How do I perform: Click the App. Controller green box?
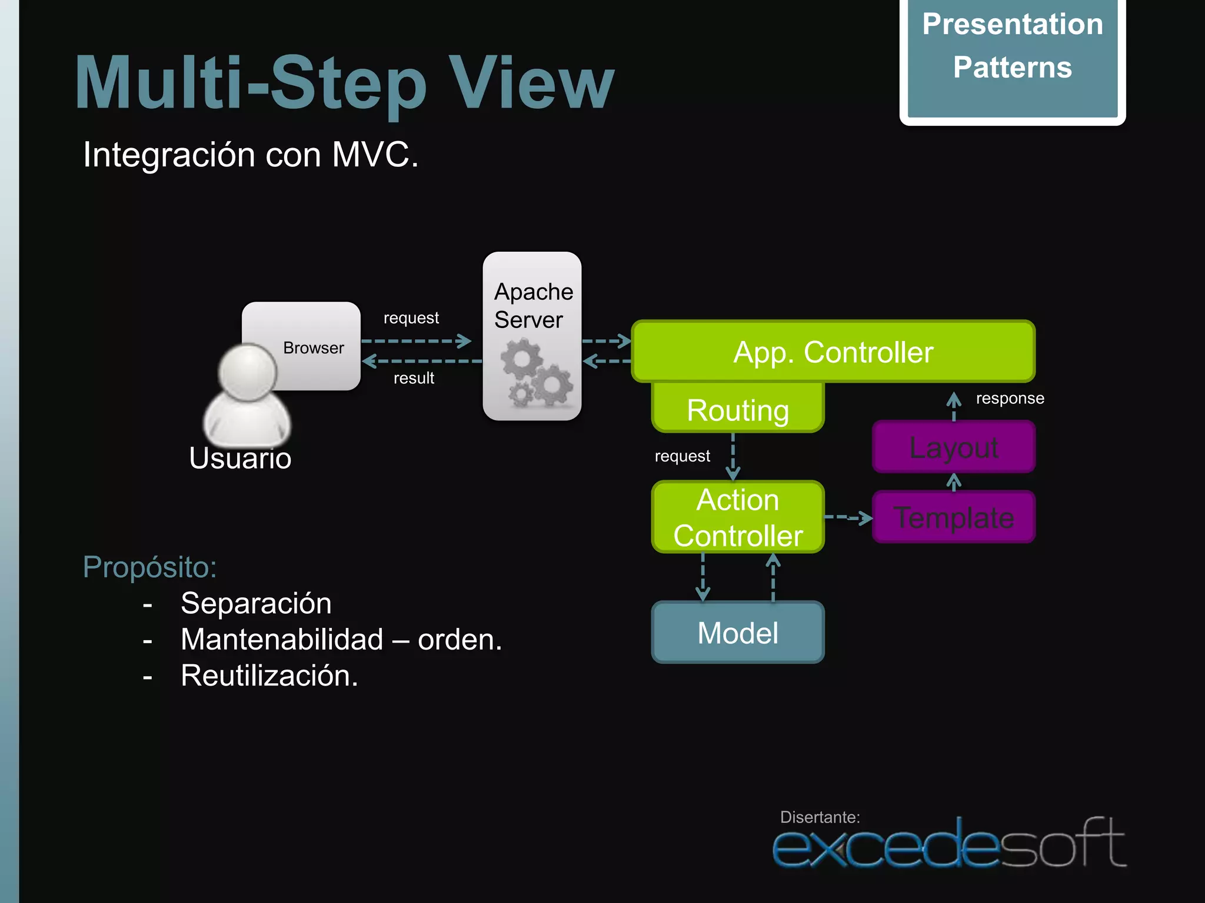tap(833, 352)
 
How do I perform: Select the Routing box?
tap(738, 409)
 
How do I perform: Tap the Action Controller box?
tap(738, 517)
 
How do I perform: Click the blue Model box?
tap(738, 633)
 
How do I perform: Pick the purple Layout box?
tap(953, 447)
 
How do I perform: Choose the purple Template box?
tap(953, 517)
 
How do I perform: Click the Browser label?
tap(313, 348)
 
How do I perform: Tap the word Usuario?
tap(240, 459)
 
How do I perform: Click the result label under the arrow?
tap(414, 378)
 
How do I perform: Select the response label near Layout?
tap(1010, 399)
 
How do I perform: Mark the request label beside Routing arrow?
tap(682, 456)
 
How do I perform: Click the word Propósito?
tap(149, 567)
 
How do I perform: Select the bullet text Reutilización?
tap(269, 675)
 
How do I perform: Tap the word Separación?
tap(256, 603)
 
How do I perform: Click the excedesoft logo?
tap(948, 844)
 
